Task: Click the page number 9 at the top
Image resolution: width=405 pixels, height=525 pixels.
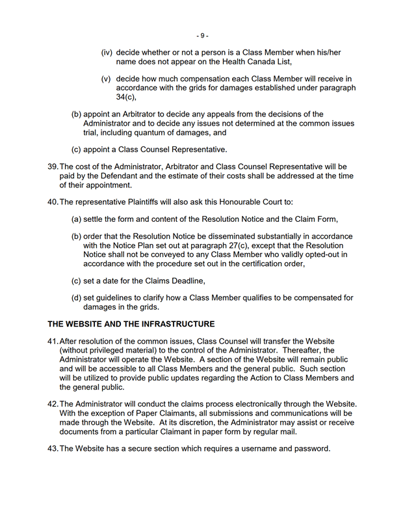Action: pos(202,35)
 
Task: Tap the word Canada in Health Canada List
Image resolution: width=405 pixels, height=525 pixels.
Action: pos(245,62)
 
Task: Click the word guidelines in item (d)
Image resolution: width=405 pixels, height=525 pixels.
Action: pos(114,298)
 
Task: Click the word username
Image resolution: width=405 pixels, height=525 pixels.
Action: pos(259,448)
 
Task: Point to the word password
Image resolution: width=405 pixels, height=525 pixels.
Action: pos(311,448)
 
